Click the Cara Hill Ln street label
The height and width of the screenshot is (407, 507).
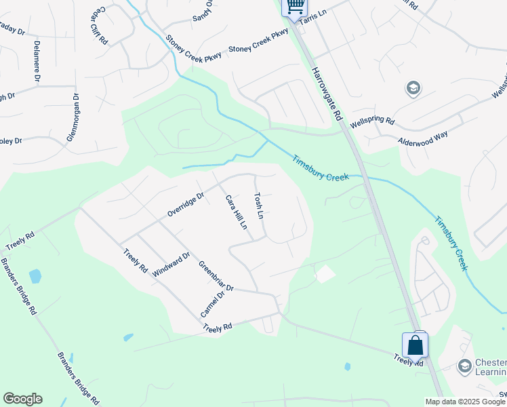(235, 212)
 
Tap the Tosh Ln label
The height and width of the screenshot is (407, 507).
(258, 205)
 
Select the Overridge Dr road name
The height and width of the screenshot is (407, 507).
(186, 206)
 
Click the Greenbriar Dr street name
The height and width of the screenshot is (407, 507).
(216, 275)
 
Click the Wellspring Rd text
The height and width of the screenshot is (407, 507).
(372, 123)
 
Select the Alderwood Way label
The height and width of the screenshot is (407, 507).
(423, 136)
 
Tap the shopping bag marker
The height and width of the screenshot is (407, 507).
(415, 345)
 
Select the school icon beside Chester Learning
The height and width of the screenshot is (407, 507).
(464, 366)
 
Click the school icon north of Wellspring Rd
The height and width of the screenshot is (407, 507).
(412, 88)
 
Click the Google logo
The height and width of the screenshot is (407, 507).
(22, 399)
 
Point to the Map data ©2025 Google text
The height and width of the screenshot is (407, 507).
(464, 402)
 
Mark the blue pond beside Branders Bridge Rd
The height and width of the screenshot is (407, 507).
(35, 276)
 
